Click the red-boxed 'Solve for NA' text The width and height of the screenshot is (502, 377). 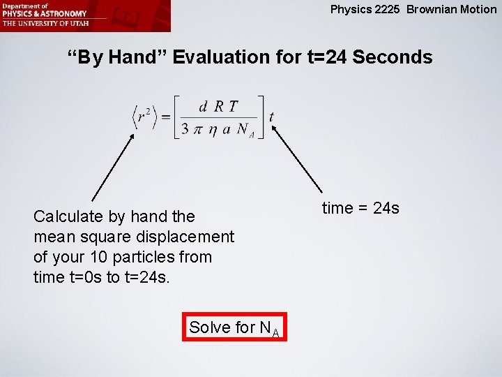click(x=234, y=327)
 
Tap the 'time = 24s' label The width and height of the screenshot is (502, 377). click(x=360, y=208)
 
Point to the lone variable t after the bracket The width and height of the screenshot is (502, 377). click(x=271, y=117)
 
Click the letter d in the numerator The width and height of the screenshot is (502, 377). click(x=203, y=106)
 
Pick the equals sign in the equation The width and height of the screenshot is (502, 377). click(x=165, y=117)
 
